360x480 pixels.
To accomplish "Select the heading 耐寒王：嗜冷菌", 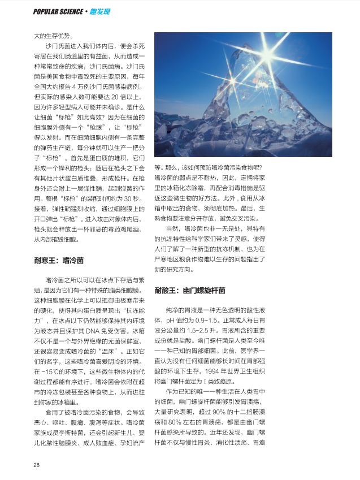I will tap(58, 261).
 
